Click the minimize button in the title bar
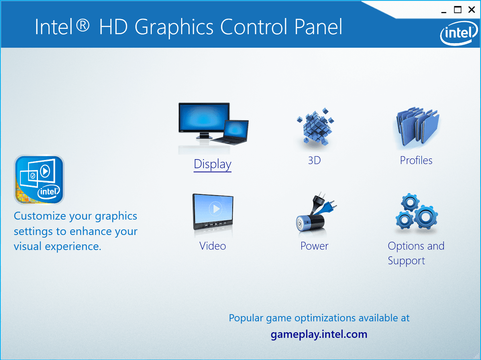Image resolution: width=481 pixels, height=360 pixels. [x=444, y=10]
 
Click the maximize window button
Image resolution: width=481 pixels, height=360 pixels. [x=458, y=10]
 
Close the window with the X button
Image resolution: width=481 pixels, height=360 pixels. [x=472, y=10]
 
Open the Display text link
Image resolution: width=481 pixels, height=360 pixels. [x=212, y=164]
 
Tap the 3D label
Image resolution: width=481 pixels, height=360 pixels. [x=315, y=161]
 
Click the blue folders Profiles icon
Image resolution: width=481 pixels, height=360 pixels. [x=416, y=128]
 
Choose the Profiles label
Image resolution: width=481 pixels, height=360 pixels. [x=416, y=161]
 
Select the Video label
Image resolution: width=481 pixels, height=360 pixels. [x=213, y=246]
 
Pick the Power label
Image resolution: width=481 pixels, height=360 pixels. [x=315, y=246]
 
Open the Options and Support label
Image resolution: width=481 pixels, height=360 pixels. [x=416, y=253]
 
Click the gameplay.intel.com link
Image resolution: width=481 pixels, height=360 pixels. [x=319, y=334]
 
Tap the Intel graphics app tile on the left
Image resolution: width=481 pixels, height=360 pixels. [x=39, y=180]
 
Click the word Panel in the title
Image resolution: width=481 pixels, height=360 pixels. [x=318, y=27]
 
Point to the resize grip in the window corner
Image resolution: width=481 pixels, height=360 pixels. [x=478, y=357]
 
